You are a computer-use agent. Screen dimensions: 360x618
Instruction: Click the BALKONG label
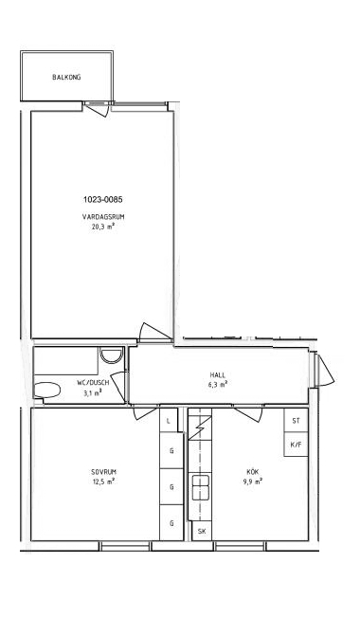[66, 78]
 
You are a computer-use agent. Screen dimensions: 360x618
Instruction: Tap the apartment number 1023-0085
[103, 199]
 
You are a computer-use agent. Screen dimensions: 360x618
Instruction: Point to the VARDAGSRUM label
[103, 217]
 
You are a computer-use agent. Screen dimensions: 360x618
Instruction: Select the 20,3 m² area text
[103, 227]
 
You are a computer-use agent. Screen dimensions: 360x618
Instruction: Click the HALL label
[218, 375]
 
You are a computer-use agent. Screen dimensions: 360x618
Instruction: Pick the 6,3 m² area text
[217, 384]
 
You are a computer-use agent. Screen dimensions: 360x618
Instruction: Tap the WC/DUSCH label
[93, 383]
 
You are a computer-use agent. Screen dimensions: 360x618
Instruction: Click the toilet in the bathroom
[46, 391]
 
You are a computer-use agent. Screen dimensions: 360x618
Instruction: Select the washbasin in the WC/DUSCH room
[111, 355]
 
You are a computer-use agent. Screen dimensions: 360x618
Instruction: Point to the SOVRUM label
[103, 472]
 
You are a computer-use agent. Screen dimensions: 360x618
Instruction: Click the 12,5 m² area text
[103, 482]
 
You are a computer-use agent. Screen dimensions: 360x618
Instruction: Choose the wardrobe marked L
[169, 421]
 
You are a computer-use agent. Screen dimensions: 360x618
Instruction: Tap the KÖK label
[252, 471]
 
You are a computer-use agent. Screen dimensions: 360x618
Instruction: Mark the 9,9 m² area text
[253, 482]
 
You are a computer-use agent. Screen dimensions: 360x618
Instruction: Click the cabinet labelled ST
[296, 421]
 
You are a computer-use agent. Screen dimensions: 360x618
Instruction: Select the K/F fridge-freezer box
[296, 445]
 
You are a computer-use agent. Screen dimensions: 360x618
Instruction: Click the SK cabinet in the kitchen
[202, 532]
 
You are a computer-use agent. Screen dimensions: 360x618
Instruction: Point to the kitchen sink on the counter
[200, 487]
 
